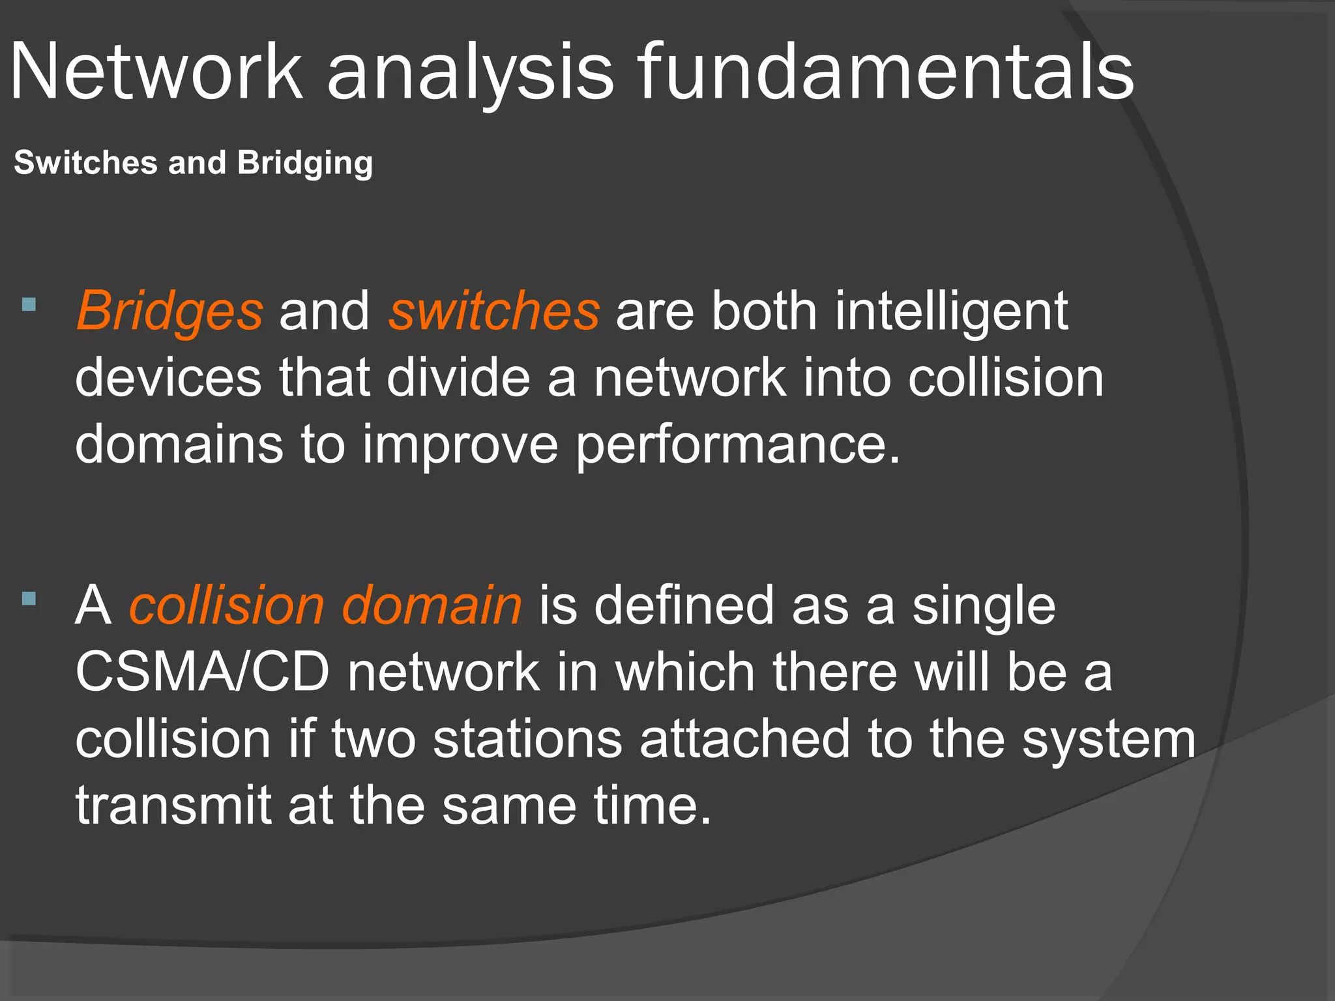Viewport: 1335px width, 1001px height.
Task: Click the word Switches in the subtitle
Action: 85,162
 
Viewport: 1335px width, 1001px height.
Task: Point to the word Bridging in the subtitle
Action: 304,164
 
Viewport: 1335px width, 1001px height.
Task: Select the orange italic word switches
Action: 494,312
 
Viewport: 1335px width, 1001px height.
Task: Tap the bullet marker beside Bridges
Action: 29,304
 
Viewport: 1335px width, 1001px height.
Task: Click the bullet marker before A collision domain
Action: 29,598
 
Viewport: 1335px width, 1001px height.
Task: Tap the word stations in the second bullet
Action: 528,739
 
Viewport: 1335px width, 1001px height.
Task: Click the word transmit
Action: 173,805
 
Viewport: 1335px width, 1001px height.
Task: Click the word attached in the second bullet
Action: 744,739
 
